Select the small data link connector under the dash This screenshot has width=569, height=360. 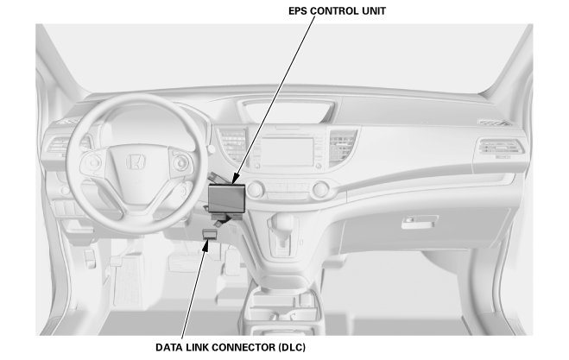pos(210,233)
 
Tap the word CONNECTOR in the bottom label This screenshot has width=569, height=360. pos(243,347)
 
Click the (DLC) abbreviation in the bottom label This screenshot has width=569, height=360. pos(291,347)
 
